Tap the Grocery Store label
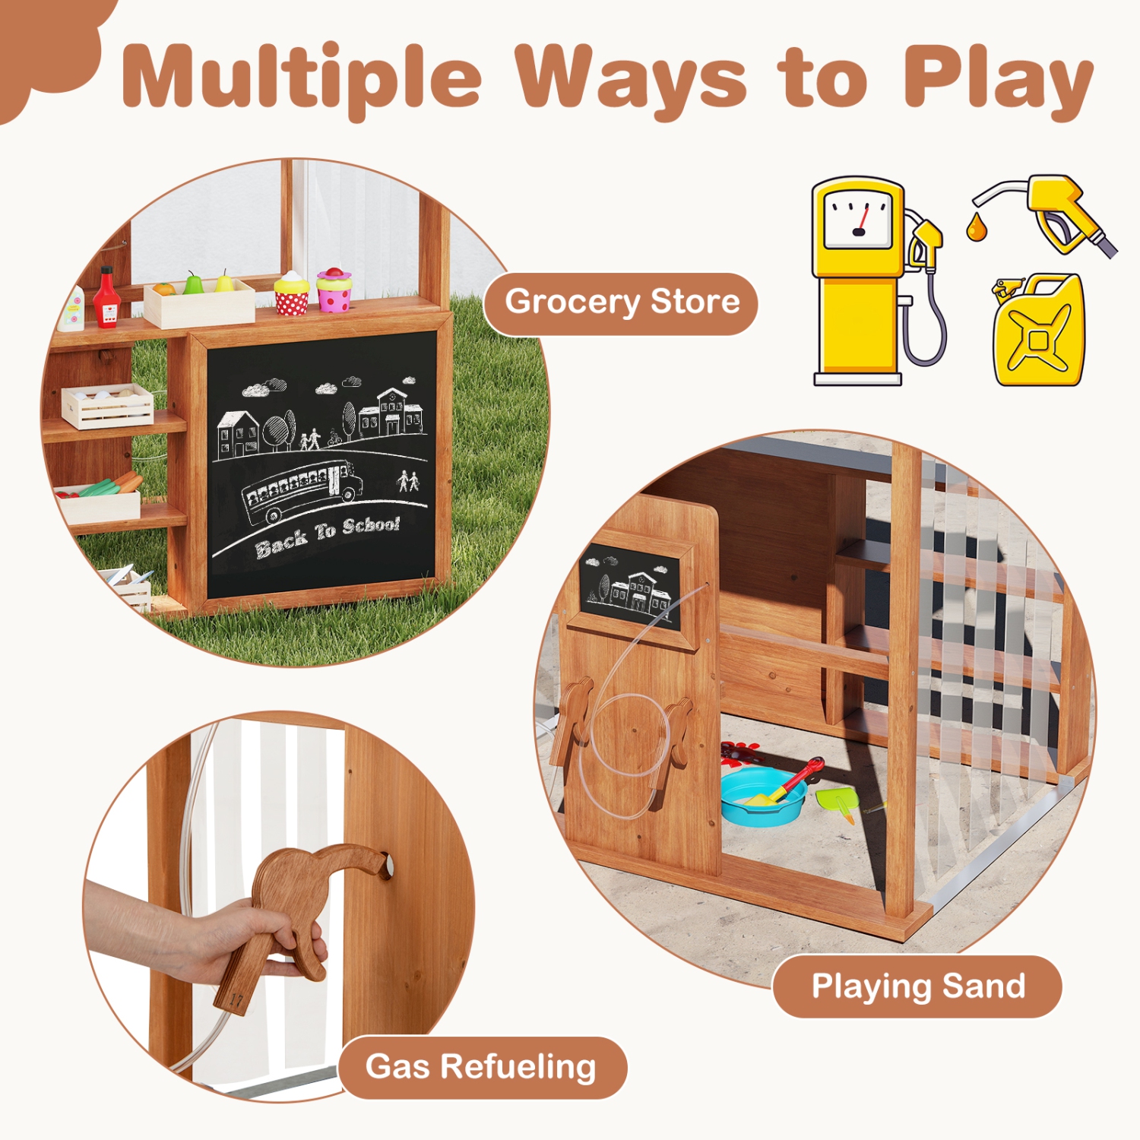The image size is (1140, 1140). click(622, 302)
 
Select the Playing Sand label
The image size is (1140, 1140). click(917, 986)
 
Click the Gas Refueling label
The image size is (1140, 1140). click(480, 1067)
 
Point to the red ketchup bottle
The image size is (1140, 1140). click(106, 297)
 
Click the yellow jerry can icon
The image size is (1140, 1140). click(1039, 332)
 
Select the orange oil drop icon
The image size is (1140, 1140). click(977, 227)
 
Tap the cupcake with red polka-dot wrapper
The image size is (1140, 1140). click(292, 293)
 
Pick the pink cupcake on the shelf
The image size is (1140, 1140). click(334, 290)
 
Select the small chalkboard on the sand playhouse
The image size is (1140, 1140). click(630, 587)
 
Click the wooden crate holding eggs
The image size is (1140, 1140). click(108, 406)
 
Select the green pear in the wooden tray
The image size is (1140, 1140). click(194, 283)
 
